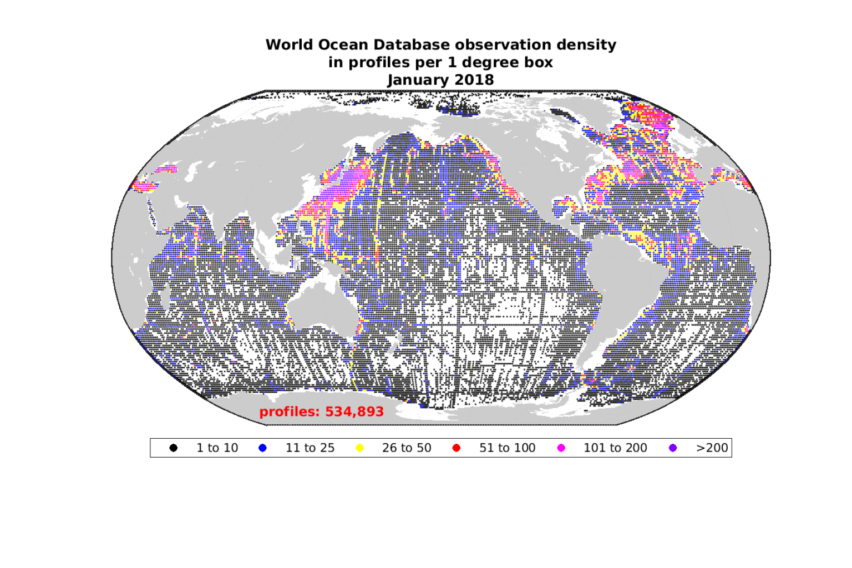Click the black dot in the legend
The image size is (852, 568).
[174, 448]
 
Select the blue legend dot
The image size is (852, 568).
[262, 448]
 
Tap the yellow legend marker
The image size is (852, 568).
[359, 448]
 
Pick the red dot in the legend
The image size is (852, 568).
[457, 448]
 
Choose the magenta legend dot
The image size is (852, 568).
[561, 448]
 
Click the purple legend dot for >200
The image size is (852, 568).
[673, 448]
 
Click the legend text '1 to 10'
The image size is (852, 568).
[217, 448]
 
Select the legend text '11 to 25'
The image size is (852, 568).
[310, 448]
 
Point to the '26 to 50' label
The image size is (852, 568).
[407, 448]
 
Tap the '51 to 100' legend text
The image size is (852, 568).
[507, 448]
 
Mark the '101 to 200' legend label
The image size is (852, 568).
[615, 448]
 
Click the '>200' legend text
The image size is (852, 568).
[712, 448]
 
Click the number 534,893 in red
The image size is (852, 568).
[354, 412]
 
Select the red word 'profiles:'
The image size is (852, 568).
[290, 412]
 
